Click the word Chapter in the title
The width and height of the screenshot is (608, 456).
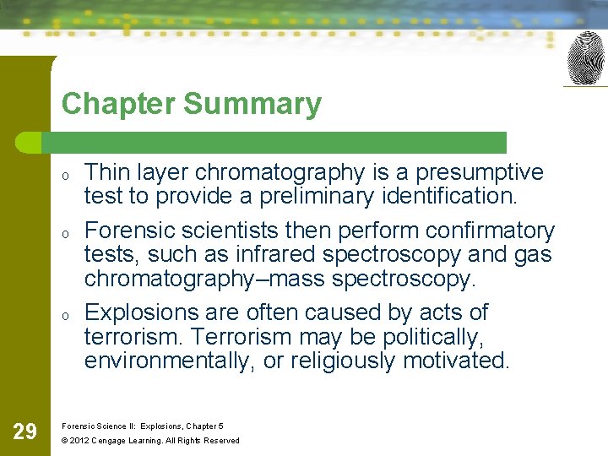click(x=118, y=104)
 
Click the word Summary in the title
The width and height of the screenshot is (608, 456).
click(x=252, y=104)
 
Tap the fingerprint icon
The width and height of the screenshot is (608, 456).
click(x=585, y=59)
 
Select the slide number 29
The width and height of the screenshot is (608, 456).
click(x=25, y=432)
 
